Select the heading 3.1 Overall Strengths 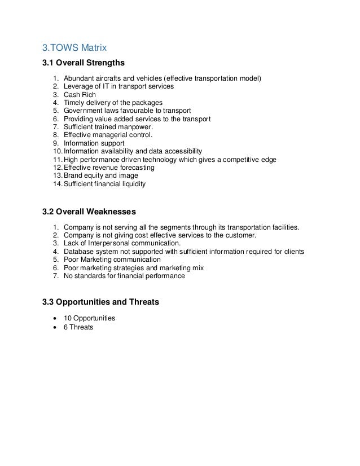click(83, 62)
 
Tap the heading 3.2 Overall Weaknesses click(89, 212)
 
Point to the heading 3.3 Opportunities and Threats click(101, 302)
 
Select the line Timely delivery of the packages click(113, 103)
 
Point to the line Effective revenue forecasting click(109, 168)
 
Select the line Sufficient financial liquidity click(104, 184)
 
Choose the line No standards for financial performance click(124, 276)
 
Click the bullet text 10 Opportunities click(89, 318)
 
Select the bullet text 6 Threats click(78, 327)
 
